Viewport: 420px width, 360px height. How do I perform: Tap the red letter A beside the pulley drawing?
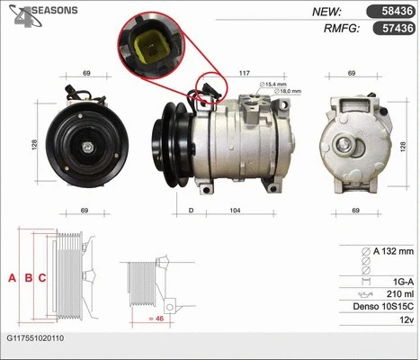(x=13, y=278)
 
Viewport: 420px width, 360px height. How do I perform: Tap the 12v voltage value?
(x=407, y=321)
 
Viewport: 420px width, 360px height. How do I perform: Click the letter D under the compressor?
(x=191, y=211)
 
